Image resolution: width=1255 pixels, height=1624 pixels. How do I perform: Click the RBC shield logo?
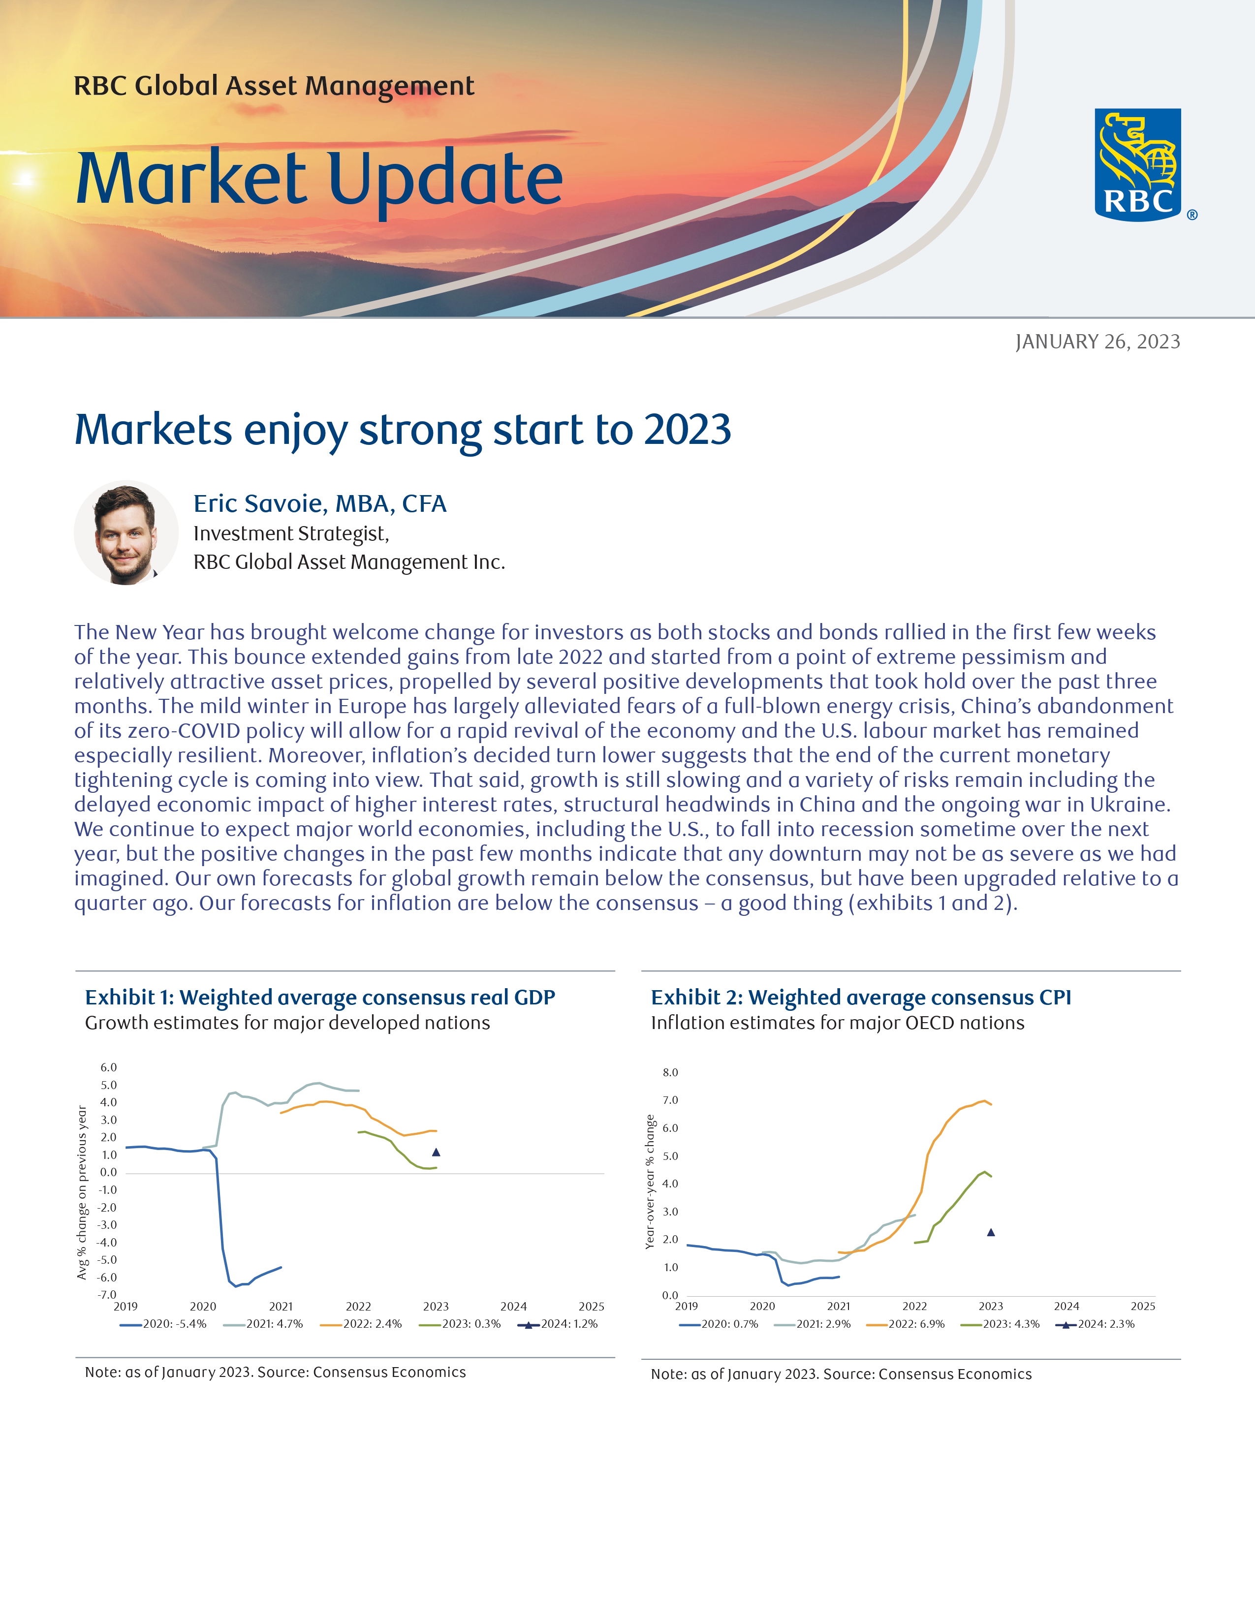tap(1137, 164)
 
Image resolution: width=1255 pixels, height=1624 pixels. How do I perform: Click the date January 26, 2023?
tap(1098, 342)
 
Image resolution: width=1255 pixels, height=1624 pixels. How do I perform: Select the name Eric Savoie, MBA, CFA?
tap(320, 503)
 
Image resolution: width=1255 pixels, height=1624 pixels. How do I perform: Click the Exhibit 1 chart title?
tap(320, 997)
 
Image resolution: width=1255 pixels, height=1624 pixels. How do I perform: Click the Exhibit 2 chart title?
tap(861, 997)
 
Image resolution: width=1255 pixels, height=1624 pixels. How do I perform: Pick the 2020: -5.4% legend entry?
tap(163, 1324)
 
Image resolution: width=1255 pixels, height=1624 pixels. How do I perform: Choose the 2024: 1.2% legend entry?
tap(559, 1324)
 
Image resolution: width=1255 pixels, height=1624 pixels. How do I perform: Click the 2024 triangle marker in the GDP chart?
tap(437, 1153)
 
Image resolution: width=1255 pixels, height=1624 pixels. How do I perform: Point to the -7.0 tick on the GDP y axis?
tap(108, 1295)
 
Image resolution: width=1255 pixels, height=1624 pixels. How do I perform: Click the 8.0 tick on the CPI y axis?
tap(670, 1072)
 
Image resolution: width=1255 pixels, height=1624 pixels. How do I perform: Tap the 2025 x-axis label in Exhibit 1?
tap(591, 1307)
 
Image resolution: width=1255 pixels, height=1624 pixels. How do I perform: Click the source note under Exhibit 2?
tap(841, 1374)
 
